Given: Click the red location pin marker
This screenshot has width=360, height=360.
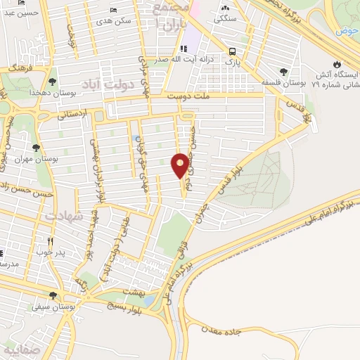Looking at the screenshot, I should tap(181, 165).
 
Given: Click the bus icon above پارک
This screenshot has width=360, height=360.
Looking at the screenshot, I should tap(232, 51).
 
